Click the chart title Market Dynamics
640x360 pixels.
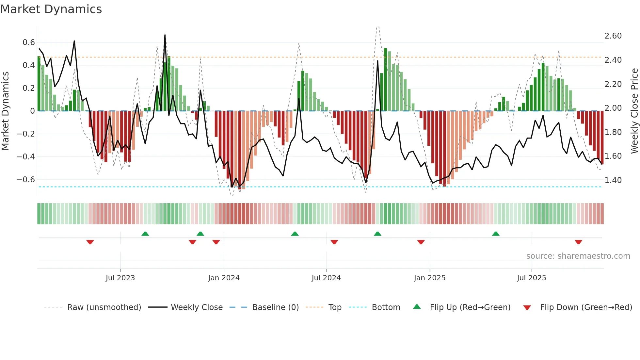(x=51, y=9)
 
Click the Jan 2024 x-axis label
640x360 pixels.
(x=224, y=278)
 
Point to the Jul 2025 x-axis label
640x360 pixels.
(x=531, y=278)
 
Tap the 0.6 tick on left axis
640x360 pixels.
(x=29, y=42)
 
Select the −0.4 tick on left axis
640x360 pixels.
(x=26, y=157)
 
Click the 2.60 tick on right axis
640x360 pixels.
(x=613, y=36)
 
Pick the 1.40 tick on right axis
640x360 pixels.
(x=613, y=180)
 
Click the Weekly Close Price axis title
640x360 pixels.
(x=634, y=111)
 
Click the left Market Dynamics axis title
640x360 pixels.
(x=5, y=111)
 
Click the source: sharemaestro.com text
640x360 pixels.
(x=578, y=256)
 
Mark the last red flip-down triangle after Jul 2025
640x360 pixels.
(x=578, y=242)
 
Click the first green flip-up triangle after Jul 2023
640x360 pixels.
(x=145, y=234)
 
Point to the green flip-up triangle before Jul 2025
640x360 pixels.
(x=496, y=234)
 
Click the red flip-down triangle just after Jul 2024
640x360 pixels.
(x=334, y=242)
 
